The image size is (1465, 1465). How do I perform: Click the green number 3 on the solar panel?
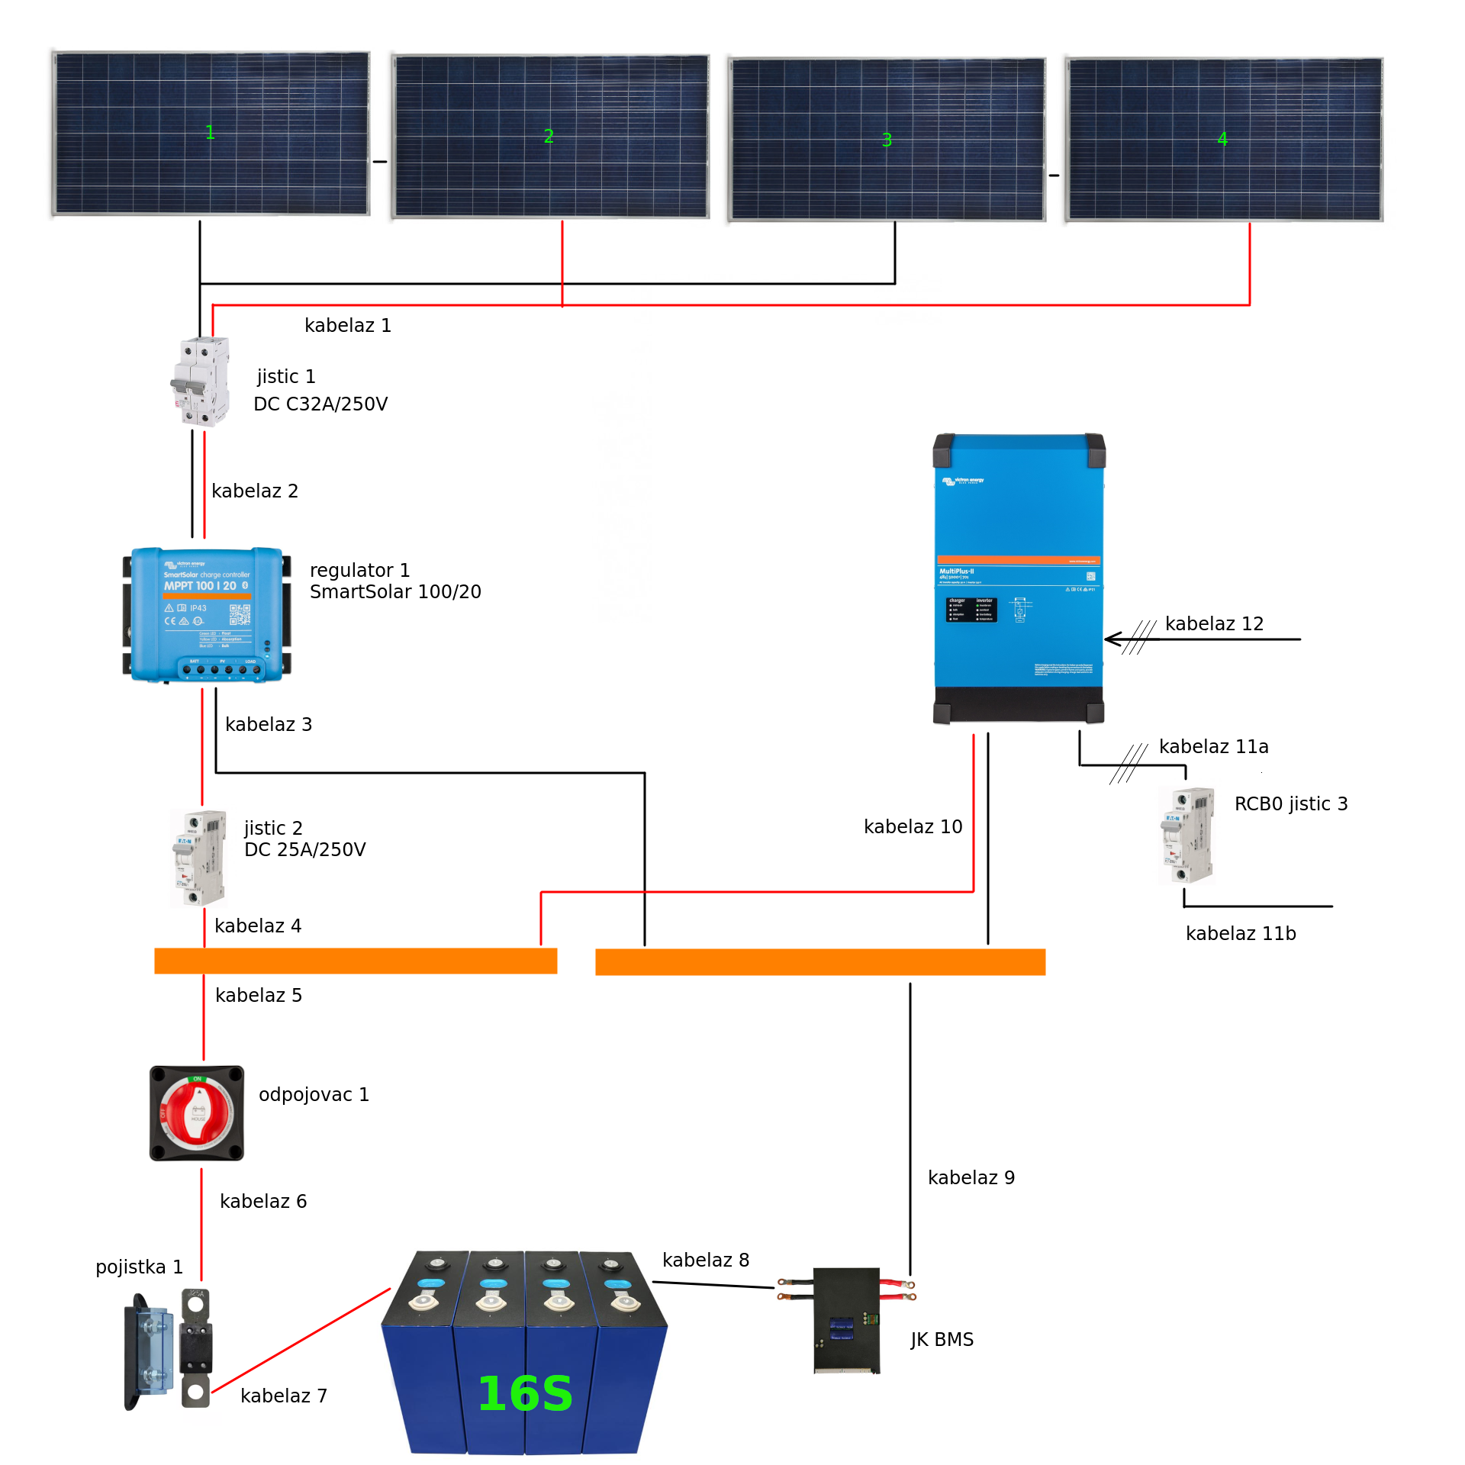coord(887,140)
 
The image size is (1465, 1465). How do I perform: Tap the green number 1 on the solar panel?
coord(210,133)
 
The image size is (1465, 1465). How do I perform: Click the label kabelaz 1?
coord(348,326)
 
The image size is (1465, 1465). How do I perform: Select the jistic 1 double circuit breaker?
coord(201,381)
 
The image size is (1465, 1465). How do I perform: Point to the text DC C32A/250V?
coord(320,404)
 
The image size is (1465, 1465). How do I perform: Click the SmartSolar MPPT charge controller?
coord(207,614)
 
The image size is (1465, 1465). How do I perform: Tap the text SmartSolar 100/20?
coord(395,592)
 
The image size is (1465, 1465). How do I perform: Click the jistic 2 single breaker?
coord(199,858)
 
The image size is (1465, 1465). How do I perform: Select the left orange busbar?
coord(356,961)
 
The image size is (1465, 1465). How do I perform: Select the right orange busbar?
coord(820,961)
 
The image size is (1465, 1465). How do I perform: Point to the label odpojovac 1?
coord(314,1095)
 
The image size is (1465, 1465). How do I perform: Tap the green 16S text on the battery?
coord(525,1393)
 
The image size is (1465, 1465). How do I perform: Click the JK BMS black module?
coord(846,1321)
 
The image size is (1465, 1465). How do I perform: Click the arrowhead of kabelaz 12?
coord(1109,639)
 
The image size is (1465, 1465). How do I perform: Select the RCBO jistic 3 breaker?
coord(1187,836)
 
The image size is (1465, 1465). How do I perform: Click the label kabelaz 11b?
coord(1241,934)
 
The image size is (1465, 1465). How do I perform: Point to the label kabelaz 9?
coord(971,1178)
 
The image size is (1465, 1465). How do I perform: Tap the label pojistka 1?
coord(139,1267)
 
